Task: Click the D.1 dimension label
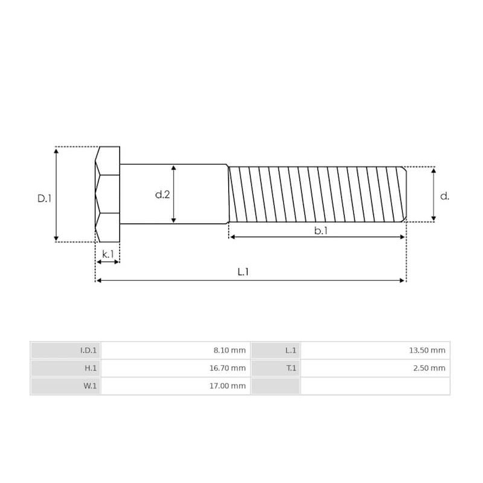click(44, 198)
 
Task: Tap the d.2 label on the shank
click(162, 194)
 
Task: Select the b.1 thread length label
click(321, 230)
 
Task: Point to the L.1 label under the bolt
click(243, 272)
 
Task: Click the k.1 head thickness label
click(107, 254)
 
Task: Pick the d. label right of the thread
click(445, 196)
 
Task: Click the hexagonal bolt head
click(107, 194)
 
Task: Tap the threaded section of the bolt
click(317, 194)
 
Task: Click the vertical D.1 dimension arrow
click(56, 194)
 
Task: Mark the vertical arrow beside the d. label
click(433, 194)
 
